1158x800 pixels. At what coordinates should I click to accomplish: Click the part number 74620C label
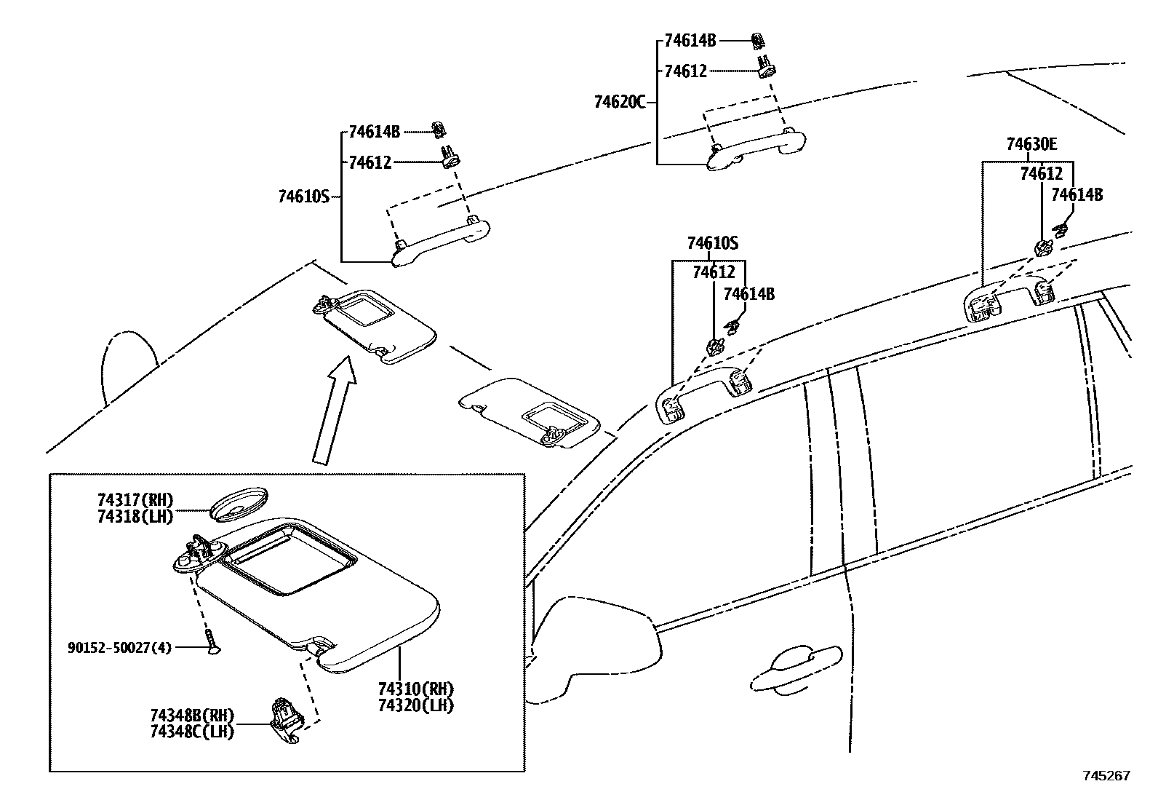[619, 103]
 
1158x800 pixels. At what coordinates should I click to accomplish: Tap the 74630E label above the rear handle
[1031, 145]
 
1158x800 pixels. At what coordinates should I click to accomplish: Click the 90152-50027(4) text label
[120, 646]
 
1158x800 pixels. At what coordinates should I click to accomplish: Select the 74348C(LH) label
[192, 732]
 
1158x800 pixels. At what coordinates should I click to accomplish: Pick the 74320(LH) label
[415, 705]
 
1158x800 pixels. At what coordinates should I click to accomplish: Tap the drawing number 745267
[1106, 776]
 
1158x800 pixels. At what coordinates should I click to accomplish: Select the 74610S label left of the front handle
[303, 196]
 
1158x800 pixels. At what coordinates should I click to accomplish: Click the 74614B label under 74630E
[1077, 195]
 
